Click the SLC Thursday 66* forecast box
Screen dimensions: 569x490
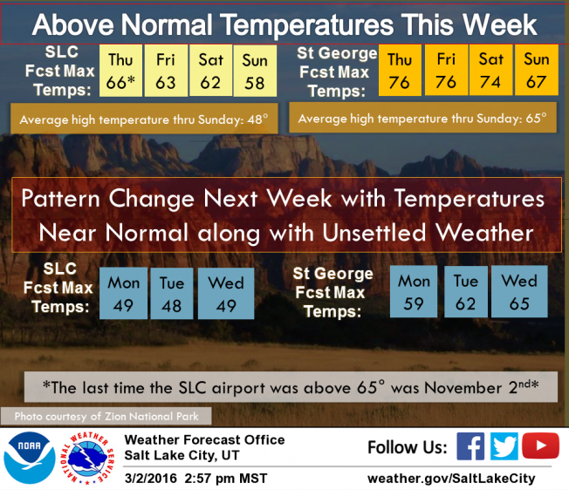[x=120, y=71]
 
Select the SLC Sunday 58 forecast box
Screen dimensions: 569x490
[x=255, y=71]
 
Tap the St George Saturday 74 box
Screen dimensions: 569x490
[x=491, y=70]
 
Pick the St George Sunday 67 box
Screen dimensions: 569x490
[x=537, y=70]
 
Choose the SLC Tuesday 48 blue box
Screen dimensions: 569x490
[x=172, y=294]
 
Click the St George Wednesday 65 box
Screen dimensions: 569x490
[x=519, y=292]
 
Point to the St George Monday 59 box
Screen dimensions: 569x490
[x=414, y=292]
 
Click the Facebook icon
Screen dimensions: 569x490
[x=470, y=446]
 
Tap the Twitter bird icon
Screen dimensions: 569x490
[x=504, y=446]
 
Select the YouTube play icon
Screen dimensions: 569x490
[x=541, y=446]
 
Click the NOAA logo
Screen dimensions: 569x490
[x=30, y=458]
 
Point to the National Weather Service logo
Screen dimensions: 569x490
[x=87, y=458]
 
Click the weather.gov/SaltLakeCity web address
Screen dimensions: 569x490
[x=451, y=479]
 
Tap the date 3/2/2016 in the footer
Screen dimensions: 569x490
[x=151, y=479]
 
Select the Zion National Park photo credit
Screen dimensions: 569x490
[x=106, y=416]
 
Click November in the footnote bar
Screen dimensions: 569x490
[x=463, y=388]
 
